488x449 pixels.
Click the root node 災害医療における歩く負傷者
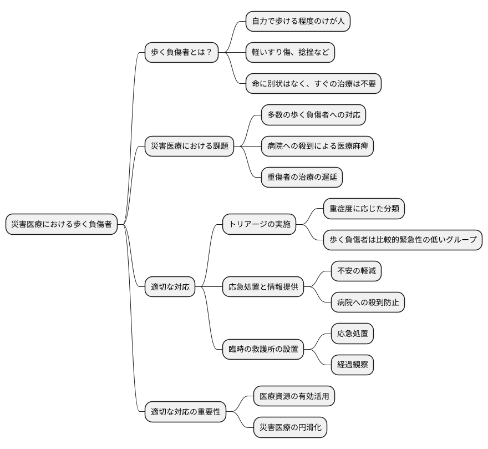point(61,224)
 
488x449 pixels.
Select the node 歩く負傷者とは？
point(181,53)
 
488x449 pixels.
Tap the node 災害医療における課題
point(189,147)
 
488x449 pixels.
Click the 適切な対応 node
point(170,287)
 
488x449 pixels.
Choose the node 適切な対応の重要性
point(185,412)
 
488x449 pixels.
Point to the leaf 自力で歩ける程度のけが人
point(298,22)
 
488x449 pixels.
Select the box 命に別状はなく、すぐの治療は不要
point(313,84)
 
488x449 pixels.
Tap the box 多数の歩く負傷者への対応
point(313,115)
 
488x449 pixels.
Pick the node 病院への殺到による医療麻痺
point(317,147)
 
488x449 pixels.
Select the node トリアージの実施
point(259,225)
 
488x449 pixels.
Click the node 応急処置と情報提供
point(263,287)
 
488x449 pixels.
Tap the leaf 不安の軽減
point(356,271)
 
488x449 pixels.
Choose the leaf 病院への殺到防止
point(368,302)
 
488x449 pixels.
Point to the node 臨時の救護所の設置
point(263,349)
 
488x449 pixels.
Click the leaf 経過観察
point(352,365)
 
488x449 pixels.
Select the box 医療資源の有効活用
point(294,396)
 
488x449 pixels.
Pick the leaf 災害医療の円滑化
point(291,427)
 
